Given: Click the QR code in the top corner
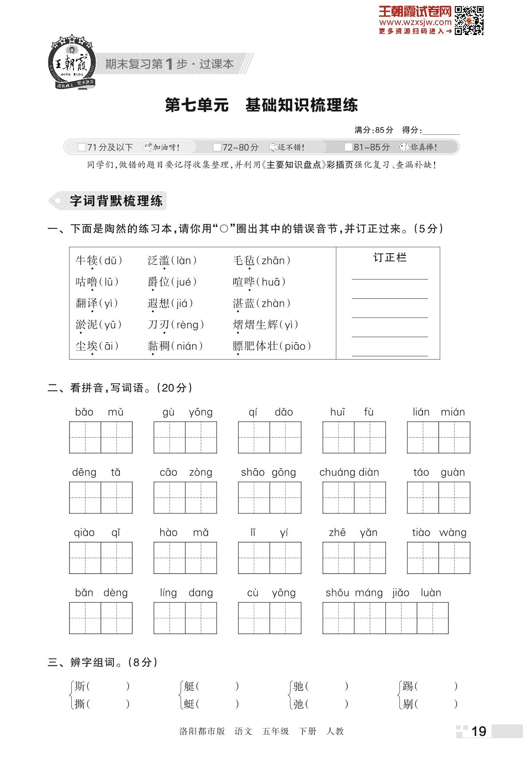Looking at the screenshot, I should point(469,20).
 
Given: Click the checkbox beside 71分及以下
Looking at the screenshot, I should point(81,147).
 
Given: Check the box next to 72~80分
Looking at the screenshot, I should point(217,147).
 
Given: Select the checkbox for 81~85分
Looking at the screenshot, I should point(348,147).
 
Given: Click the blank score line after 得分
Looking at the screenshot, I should point(441,131).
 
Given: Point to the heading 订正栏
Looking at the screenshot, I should point(389,258).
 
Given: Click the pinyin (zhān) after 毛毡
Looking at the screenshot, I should point(273,261).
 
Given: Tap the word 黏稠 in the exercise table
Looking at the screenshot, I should point(158,346).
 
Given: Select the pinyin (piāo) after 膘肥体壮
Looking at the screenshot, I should point(295,346).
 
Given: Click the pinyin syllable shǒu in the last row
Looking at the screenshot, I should point(337,593).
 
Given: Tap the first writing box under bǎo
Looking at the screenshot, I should point(85,438).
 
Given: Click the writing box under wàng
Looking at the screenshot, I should point(454,558).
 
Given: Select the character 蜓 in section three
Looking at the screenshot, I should point(189,704).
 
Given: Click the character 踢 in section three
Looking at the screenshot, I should point(408,686).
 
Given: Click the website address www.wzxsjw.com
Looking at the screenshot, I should point(415,22).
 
